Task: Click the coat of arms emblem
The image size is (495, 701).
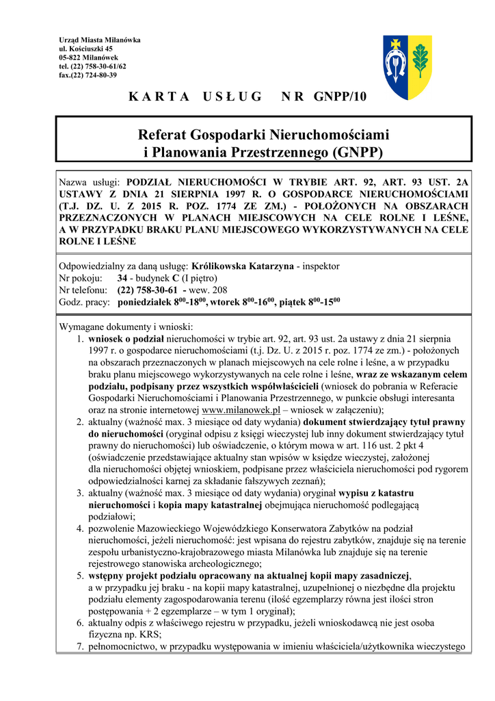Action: click(x=406, y=68)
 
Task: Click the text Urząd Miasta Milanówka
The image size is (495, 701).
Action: click(x=100, y=40)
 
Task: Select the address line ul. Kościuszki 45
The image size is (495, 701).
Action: click(x=86, y=49)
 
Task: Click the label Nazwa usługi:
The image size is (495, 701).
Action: click(x=90, y=183)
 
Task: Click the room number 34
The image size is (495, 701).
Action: click(x=122, y=278)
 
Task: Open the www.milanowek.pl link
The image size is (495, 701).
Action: click(x=242, y=409)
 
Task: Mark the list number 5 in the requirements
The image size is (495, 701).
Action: click(x=80, y=576)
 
